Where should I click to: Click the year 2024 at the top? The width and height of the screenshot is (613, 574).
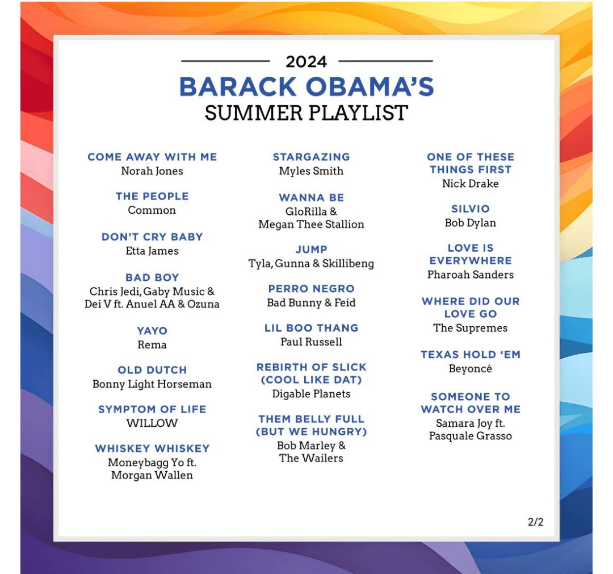(x=306, y=62)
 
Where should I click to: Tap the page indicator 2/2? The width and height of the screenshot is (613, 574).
(x=536, y=522)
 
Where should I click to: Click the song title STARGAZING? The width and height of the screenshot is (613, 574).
(x=311, y=157)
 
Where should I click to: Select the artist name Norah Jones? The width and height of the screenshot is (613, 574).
(x=152, y=171)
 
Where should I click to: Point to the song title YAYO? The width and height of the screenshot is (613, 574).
(x=152, y=331)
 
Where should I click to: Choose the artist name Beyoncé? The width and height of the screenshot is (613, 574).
(x=471, y=369)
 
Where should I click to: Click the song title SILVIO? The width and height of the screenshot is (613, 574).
(x=471, y=209)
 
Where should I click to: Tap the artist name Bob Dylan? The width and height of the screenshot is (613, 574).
(x=471, y=223)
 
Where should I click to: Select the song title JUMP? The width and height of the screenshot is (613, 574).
(x=311, y=249)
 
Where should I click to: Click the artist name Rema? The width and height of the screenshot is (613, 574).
(x=152, y=345)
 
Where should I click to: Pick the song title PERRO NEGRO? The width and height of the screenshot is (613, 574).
(x=311, y=289)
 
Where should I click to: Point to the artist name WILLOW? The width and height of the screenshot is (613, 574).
(x=152, y=423)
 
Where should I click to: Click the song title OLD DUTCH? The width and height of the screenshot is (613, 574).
(x=152, y=370)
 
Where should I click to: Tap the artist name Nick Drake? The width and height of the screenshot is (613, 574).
(x=471, y=184)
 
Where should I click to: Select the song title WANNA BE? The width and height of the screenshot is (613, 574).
(x=311, y=198)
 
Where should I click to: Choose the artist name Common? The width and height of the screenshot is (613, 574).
(x=152, y=210)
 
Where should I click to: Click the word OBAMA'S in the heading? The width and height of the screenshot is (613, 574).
(x=370, y=86)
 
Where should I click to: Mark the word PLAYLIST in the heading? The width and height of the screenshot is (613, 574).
(x=359, y=113)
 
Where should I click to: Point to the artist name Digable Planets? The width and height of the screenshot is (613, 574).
(x=311, y=394)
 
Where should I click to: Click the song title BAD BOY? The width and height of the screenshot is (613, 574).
(x=152, y=277)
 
